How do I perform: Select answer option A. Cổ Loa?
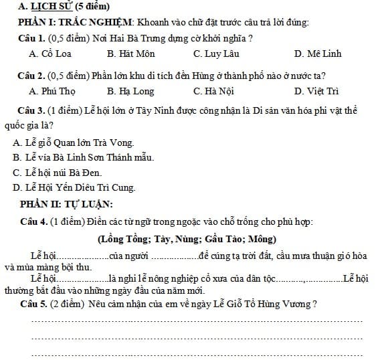point(50,54)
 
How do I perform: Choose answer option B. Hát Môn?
point(130,54)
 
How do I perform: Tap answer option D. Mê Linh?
point(317,54)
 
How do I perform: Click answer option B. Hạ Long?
point(130,91)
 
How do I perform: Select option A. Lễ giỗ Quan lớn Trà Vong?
point(73,143)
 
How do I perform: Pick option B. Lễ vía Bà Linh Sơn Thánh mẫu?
point(83,157)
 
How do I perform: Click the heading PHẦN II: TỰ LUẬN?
point(66,203)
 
